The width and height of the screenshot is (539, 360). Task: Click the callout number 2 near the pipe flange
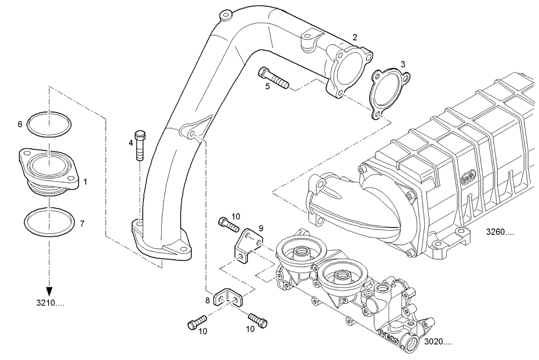354,37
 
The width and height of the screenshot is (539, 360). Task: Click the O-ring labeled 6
49,124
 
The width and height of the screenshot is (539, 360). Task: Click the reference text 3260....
500,233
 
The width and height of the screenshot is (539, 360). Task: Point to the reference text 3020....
438,342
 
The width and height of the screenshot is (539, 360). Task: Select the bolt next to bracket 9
228,223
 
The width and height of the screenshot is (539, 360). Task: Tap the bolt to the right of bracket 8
258,319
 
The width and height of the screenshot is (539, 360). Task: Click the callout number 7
82,223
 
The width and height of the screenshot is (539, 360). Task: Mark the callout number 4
130,143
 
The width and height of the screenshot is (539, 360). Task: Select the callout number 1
85,183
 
